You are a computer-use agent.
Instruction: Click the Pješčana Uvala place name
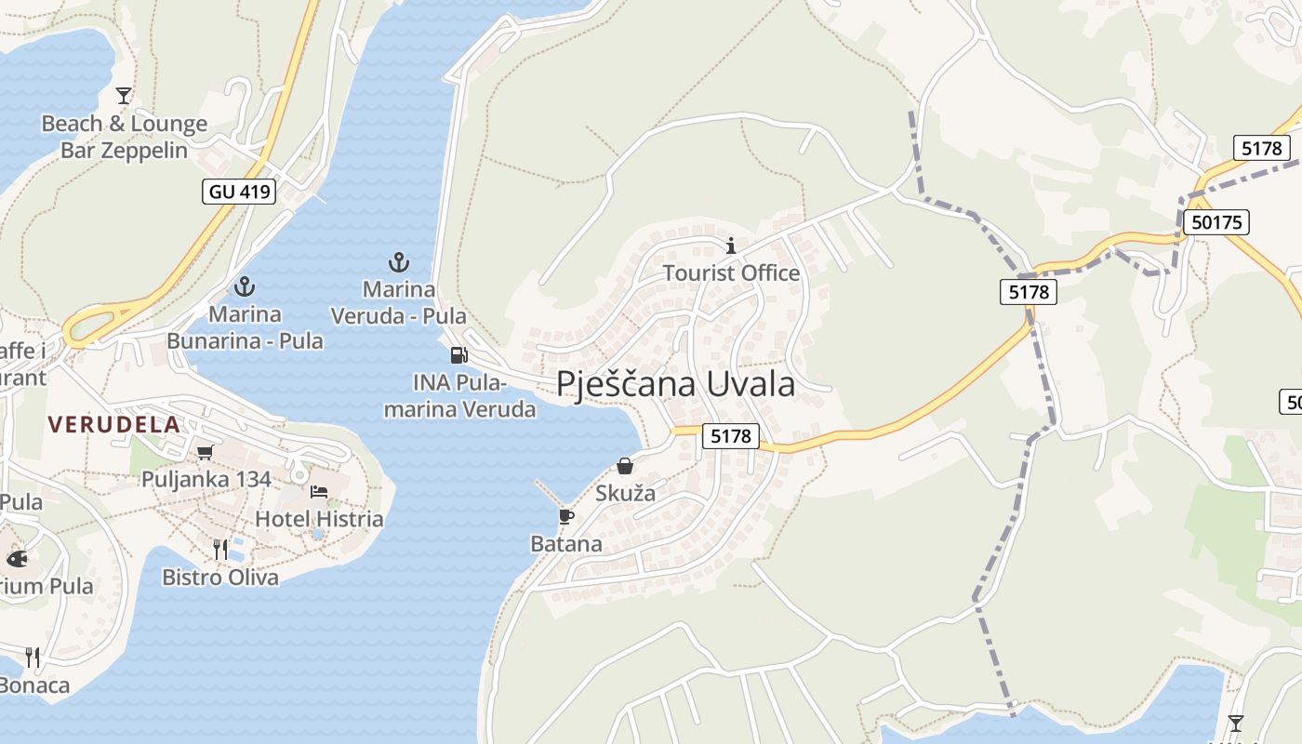676,384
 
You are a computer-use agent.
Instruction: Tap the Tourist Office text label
731,272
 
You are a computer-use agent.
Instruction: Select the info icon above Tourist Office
731,246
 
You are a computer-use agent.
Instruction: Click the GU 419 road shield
240,192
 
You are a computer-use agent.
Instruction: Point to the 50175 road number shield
1216,221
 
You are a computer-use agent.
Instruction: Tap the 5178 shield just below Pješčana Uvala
730,435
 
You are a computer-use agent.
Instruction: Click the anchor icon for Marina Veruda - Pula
398,261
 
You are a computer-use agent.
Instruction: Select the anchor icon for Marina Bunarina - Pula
245,286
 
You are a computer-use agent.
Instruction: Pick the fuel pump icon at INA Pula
458,354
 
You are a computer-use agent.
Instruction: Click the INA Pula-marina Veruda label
460,395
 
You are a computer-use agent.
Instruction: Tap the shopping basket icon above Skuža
625,465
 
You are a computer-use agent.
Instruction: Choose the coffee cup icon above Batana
565,516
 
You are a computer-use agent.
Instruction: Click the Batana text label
565,543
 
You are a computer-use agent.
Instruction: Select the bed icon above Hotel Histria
319,491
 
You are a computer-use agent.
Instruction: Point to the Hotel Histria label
319,518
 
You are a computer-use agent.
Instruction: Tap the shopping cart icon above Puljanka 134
205,452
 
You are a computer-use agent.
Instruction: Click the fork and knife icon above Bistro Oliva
220,550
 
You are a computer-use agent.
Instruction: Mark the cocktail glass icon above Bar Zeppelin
123,95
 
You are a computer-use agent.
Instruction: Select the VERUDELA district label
113,424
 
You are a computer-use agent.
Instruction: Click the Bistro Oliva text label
220,578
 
